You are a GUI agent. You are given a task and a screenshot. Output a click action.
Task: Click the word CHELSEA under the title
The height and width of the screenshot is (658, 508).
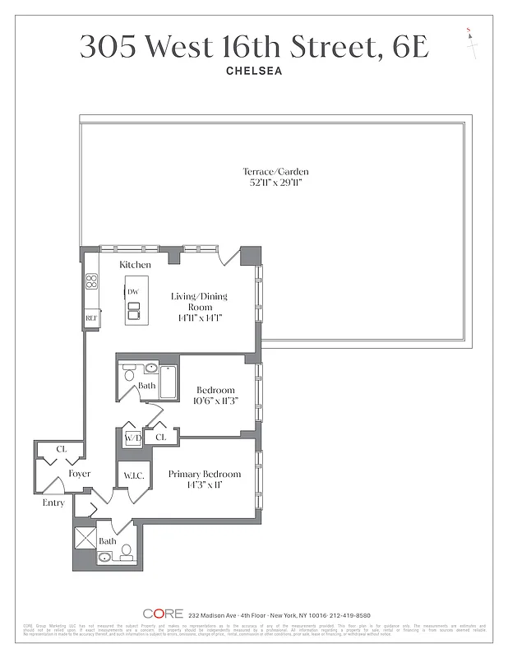[x=254, y=71]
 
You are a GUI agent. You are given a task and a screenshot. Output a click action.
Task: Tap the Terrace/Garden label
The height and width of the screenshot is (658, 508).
[x=275, y=172]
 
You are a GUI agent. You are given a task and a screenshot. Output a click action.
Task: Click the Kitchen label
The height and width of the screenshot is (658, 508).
[x=135, y=265]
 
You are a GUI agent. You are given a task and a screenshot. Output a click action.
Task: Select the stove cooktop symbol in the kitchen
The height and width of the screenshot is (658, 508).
[x=91, y=284]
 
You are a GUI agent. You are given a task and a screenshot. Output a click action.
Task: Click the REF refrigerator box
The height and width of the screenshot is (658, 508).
[x=91, y=317]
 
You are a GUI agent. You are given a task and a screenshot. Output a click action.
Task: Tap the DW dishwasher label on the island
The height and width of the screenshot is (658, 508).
[x=133, y=292]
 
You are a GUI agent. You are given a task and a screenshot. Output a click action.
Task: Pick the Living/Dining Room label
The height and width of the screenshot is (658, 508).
[x=199, y=301]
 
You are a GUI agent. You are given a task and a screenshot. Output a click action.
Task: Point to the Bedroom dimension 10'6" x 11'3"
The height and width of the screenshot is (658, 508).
[x=215, y=401]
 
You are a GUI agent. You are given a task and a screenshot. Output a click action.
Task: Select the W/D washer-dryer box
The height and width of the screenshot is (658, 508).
[x=132, y=438]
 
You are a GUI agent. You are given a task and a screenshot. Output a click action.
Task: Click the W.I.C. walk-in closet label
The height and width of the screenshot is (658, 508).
[x=135, y=475]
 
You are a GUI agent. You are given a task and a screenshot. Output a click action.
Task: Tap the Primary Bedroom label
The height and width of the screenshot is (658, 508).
[x=205, y=474]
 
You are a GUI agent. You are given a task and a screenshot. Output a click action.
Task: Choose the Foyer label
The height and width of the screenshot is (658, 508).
[x=79, y=474]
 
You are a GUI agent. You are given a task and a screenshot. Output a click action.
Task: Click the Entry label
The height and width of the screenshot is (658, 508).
[x=53, y=503]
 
